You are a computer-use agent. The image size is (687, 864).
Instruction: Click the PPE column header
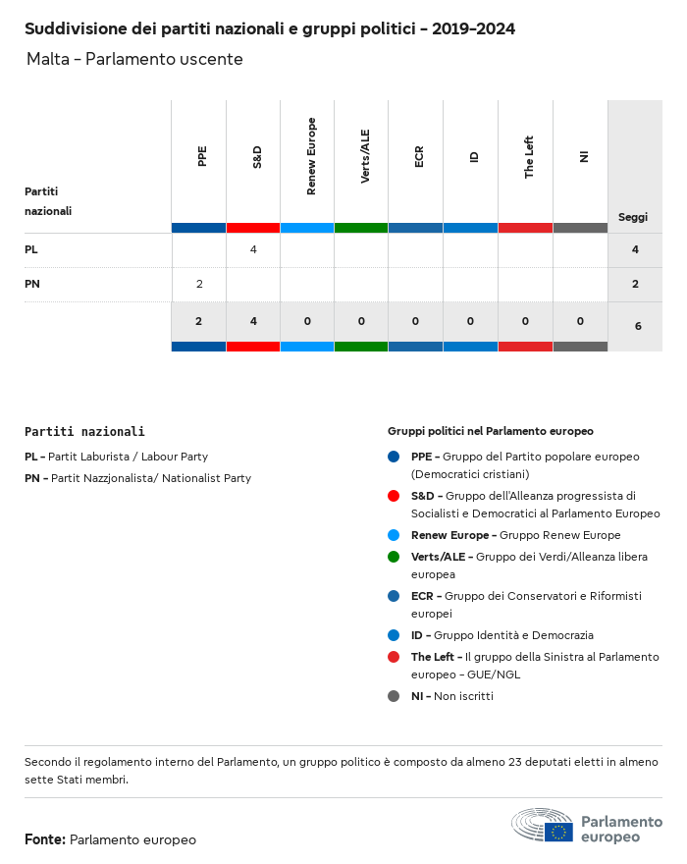202,156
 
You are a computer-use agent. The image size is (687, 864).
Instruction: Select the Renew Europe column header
311,156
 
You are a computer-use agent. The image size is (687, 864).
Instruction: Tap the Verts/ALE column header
365,156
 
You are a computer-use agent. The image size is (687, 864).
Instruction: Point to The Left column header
529,156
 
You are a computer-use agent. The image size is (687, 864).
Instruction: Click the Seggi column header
633,217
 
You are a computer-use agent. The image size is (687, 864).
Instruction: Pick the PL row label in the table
31,250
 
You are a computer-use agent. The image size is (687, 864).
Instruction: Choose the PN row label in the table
31,285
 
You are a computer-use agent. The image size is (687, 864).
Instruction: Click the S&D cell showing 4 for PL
253,250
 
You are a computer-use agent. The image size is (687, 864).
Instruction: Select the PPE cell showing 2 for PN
199,285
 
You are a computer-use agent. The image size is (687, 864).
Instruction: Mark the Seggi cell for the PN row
635,285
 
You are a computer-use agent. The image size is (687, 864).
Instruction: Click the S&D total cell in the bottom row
253,321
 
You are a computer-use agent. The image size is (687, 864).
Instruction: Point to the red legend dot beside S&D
394,496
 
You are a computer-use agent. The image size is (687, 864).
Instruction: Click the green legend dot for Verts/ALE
394,557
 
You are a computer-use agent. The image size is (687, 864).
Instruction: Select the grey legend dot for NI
394,696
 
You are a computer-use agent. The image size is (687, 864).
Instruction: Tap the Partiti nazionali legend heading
84,431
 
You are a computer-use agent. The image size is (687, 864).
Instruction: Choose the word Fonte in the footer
44,839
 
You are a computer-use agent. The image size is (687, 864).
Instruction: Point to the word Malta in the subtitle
48,60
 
